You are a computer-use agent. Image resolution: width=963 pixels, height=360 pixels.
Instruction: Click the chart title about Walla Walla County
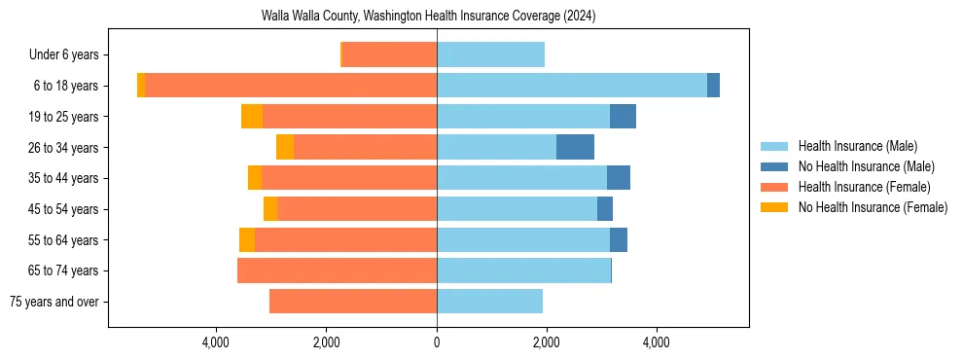428,17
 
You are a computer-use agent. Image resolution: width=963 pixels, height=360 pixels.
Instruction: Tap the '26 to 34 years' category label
64,148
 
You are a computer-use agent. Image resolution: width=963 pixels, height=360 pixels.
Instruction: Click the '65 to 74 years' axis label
64,270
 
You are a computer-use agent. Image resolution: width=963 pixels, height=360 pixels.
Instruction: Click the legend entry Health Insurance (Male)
857,146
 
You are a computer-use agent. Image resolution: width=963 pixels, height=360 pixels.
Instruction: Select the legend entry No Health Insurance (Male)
866,166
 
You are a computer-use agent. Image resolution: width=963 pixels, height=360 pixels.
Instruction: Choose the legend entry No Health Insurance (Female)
873,207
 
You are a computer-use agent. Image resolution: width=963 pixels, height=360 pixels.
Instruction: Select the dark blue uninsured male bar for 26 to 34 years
575,147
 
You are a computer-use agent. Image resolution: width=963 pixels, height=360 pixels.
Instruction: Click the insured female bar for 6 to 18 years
291,86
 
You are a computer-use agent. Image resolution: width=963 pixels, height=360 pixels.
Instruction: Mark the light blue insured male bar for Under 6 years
490,55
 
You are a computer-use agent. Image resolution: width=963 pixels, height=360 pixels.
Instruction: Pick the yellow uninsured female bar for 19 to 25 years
252,117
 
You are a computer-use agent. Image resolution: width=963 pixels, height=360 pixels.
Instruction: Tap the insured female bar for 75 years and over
353,302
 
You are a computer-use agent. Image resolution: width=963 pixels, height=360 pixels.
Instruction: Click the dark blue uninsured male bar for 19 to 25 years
623,117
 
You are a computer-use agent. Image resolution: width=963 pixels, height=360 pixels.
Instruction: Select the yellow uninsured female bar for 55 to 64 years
247,240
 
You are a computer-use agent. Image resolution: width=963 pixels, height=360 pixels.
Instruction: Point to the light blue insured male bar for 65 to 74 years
523,270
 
